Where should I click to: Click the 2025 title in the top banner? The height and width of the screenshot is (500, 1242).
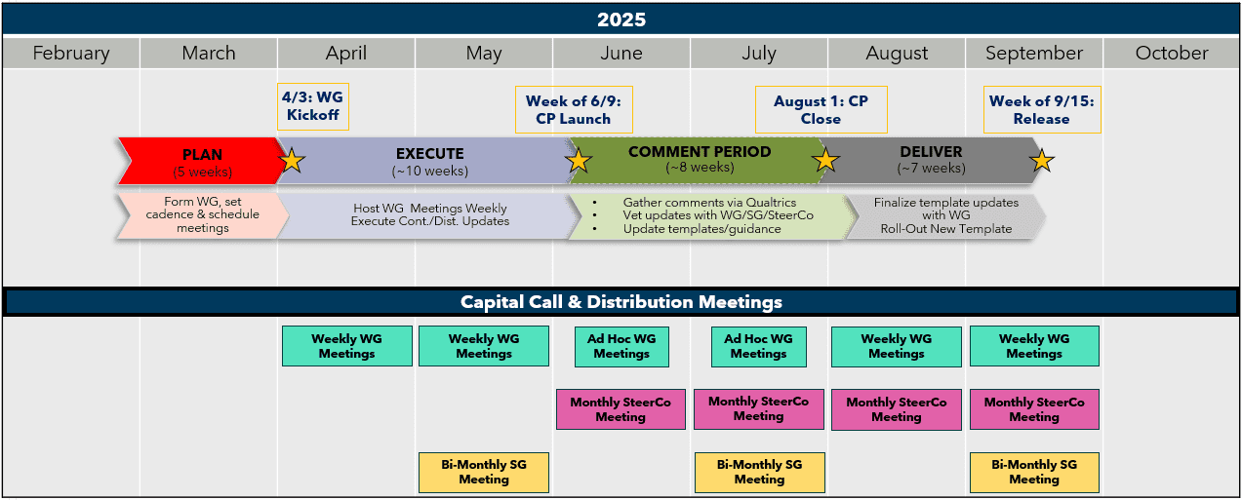tap(621, 19)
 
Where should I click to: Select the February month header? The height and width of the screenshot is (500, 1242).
tap(71, 54)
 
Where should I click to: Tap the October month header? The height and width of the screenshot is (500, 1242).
tap(1172, 54)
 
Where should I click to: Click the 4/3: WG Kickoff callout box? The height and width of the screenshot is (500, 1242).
tap(313, 106)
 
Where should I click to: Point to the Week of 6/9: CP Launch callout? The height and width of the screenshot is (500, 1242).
tap(574, 109)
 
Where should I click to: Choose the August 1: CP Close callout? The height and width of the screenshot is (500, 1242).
tap(821, 109)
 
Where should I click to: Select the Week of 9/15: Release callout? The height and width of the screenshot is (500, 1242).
tap(1042, 109)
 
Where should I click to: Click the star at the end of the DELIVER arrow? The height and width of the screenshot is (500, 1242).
tap(1042, 161)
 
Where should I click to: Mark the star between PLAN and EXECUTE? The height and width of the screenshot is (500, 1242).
tap(292, 161)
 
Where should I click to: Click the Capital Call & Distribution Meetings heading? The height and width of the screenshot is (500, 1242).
tap(621, 302)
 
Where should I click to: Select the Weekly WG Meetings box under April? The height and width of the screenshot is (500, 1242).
tap(347, 346)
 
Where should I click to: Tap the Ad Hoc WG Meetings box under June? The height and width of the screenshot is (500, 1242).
tap(621, 347)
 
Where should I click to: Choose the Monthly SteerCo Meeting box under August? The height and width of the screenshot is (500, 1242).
tap(897, 409)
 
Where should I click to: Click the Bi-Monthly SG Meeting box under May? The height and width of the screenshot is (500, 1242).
tap(484, 473)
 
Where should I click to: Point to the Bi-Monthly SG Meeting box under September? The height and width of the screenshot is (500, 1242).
tap(1034, 473)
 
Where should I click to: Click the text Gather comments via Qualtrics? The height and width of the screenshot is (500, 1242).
tap(709, 203)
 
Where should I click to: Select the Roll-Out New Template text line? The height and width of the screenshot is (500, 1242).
tap(946, 229)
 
